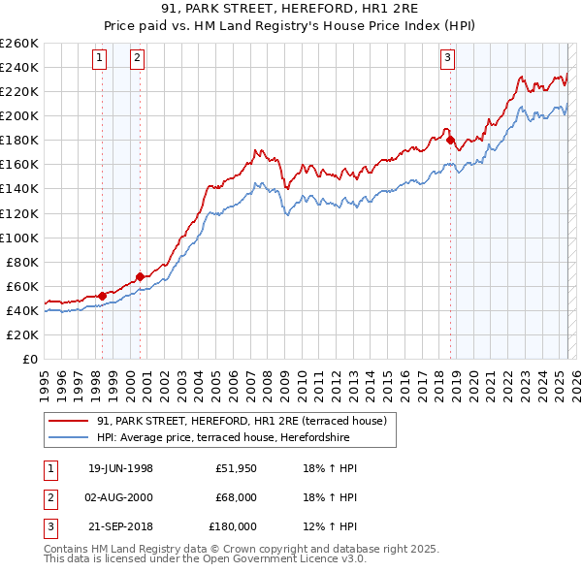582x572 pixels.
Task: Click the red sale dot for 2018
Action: click(x=451, y=140)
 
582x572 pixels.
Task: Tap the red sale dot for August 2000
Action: click(x=140, y=276)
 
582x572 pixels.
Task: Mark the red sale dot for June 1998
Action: click(x=102, y=296)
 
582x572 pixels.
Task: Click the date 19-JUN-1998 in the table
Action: click(x=120, y=468)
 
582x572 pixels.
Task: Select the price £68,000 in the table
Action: click(x=236, y=497)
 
